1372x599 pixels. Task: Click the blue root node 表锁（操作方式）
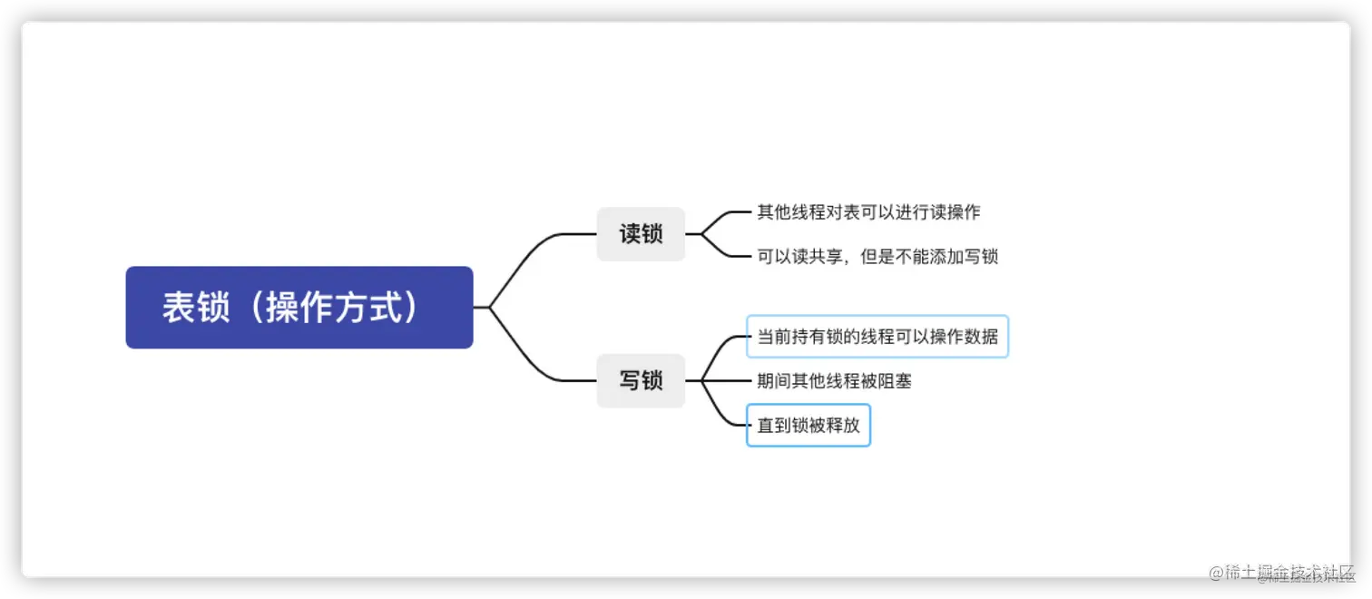click(x=299, y=308)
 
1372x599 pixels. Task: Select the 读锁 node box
click(x=641, y=234)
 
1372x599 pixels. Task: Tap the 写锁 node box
click(x=641, y=380)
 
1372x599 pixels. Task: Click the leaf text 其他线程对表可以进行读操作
click(x=868, y=212)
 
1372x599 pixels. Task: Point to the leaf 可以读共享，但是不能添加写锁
click(x=877, y=256)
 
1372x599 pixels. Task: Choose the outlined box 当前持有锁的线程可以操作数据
click(x=877, y=337)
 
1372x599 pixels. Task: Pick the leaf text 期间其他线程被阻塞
click(x=834, y=381)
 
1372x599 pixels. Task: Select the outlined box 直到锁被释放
click(x=808, y=425)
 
